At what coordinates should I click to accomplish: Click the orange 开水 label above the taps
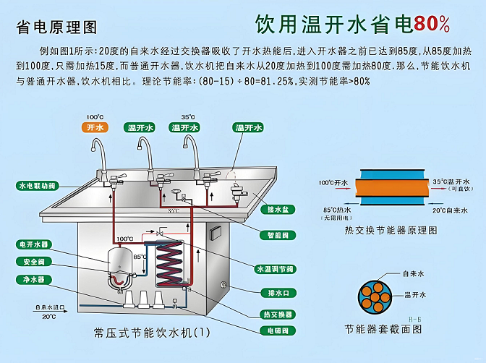[95, 127]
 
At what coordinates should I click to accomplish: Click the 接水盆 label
[278, 210]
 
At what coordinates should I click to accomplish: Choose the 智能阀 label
[278, 235]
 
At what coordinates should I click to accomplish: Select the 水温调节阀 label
[275, 269]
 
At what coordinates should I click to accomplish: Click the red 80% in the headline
[432, 24]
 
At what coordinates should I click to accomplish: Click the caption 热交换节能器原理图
[391, 231]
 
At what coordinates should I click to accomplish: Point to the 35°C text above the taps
[188, 117]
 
